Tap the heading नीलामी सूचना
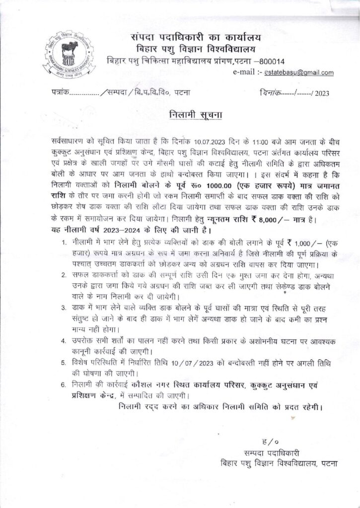tap(195, 115)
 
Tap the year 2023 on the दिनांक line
tap(322, 93)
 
